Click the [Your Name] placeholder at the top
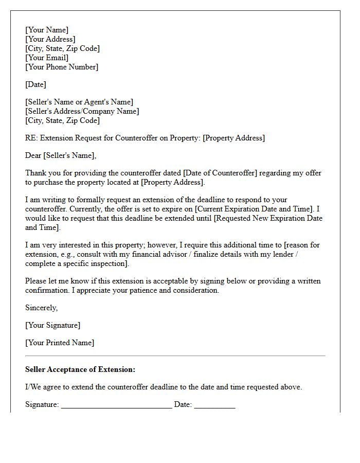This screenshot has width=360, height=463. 47,30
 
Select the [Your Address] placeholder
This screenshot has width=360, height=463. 50,39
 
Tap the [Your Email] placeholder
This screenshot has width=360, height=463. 47,58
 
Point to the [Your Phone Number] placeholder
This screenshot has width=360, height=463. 62,67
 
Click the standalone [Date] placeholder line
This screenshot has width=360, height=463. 35,84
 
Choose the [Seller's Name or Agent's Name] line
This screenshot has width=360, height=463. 79,102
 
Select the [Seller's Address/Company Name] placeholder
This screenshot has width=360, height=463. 82,111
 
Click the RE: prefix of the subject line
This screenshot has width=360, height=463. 31,138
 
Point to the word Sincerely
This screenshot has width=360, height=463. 42,308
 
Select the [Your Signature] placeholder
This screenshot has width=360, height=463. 53,325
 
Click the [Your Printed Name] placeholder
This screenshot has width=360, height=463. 60,343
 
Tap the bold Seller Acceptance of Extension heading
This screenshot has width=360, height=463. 80,369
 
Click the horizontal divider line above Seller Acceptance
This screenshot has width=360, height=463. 175,355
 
